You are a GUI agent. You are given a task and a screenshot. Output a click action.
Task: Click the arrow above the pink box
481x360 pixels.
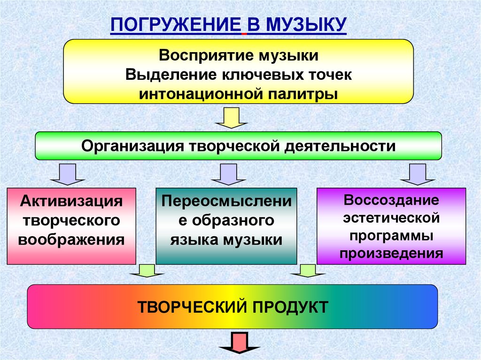tap(68, 174)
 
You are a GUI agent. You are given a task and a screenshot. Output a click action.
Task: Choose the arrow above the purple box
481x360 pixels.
tap(418, 174)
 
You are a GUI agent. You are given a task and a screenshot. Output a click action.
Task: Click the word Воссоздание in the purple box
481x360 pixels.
tap(391, 200)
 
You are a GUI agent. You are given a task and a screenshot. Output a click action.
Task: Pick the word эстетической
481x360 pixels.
tap(391, 218)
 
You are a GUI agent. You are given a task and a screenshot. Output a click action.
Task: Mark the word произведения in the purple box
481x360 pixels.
tap(391, 254)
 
